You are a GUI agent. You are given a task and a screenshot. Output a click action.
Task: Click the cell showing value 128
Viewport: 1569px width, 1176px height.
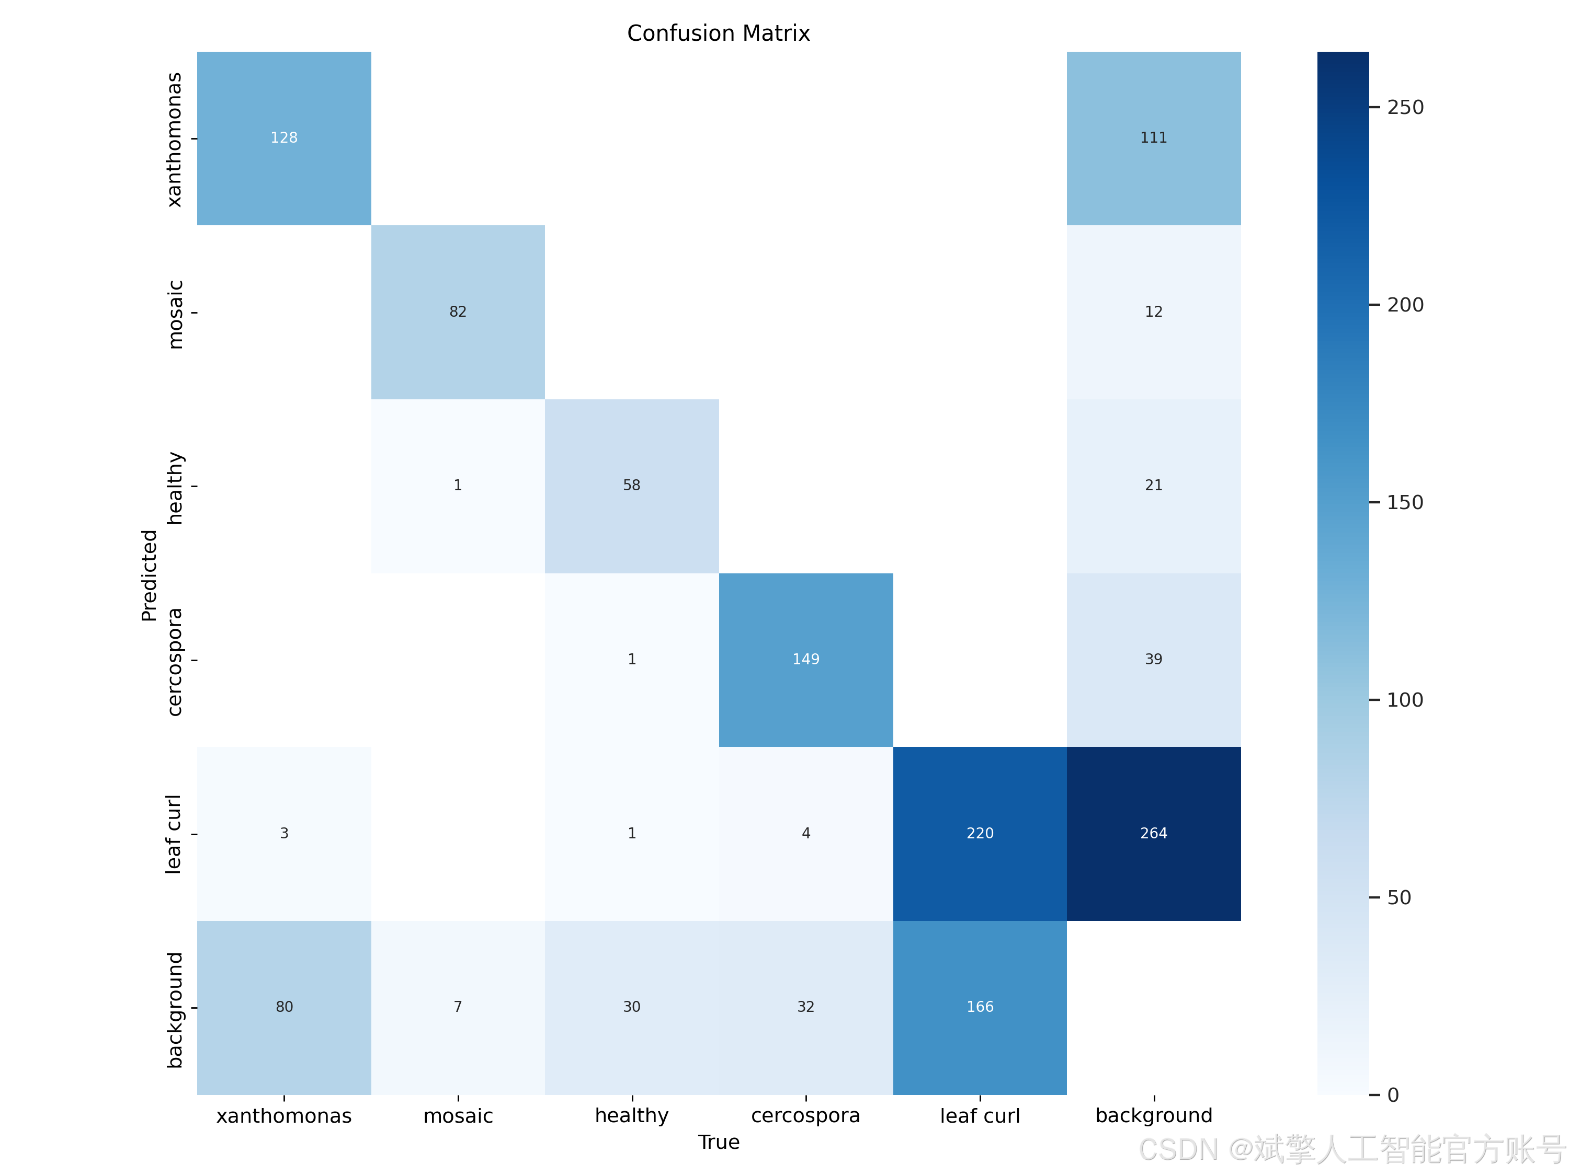(x=283, y=138)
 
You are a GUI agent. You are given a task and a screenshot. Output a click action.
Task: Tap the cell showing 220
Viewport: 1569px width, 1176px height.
(x=980, y=834)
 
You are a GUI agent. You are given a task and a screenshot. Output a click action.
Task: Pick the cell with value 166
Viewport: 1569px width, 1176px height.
(x=980, y=1007)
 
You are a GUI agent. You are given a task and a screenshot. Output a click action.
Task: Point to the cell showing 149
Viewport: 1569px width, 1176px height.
(x=806, y=660)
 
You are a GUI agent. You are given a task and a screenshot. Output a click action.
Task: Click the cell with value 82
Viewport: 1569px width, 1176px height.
(x=458, y=312)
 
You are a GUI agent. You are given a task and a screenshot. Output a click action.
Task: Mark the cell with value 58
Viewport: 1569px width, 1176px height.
(x=631, y=486)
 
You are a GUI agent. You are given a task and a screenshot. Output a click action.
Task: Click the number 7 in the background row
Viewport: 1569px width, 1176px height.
(x=458, y=1007)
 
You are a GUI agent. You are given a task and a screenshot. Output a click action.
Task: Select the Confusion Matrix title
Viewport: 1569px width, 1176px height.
(x=719, y=33)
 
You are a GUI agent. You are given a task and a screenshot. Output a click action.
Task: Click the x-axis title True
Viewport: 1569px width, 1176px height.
(x=719, y=1142)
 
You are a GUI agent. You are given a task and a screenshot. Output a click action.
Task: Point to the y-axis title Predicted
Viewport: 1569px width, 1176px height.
(x=149, y=575)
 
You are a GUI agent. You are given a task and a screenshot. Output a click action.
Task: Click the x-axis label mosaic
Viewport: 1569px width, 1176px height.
(x=458, y=1116)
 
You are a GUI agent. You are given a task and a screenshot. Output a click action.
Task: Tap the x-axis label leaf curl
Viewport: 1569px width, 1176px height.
(x=980, y=1116)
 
